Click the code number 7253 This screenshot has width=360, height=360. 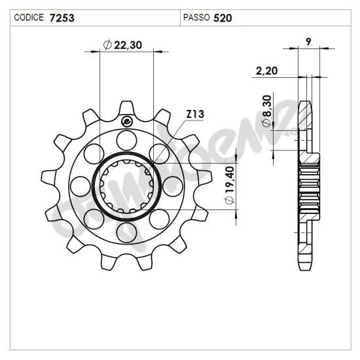click(x=62, y=18)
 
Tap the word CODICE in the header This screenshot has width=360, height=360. click(x=29, y=18)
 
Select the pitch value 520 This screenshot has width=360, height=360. click(x=223, y=18)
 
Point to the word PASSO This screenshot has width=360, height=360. click(x=196, y=18)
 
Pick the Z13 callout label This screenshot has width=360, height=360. click(x=195, y=114)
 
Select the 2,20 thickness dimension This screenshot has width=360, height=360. click(x=266, y=71)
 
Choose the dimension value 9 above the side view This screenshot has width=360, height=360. click(x=308, y=42)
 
